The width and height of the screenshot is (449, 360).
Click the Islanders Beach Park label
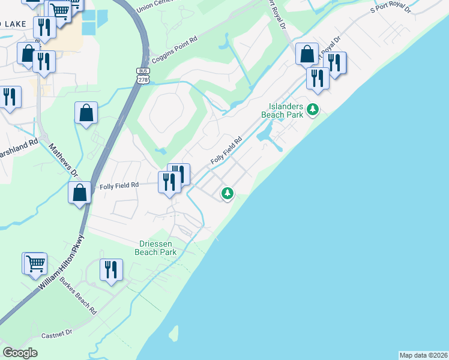click(284, 109)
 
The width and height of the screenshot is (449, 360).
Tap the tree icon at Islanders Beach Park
click(312, 109)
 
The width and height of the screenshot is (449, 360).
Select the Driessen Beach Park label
click(155, 248)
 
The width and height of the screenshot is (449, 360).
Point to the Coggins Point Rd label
click(175, 49)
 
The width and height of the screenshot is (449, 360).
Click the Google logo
click(20, 352)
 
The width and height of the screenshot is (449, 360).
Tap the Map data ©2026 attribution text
click(423, 355)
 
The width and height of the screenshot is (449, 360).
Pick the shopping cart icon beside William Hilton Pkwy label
click(35, 263)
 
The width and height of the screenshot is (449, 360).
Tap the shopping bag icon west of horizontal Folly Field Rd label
click(79, 193)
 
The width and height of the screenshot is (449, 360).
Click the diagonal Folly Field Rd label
click(226, 151)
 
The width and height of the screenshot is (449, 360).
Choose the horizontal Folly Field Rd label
click(119, 185)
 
